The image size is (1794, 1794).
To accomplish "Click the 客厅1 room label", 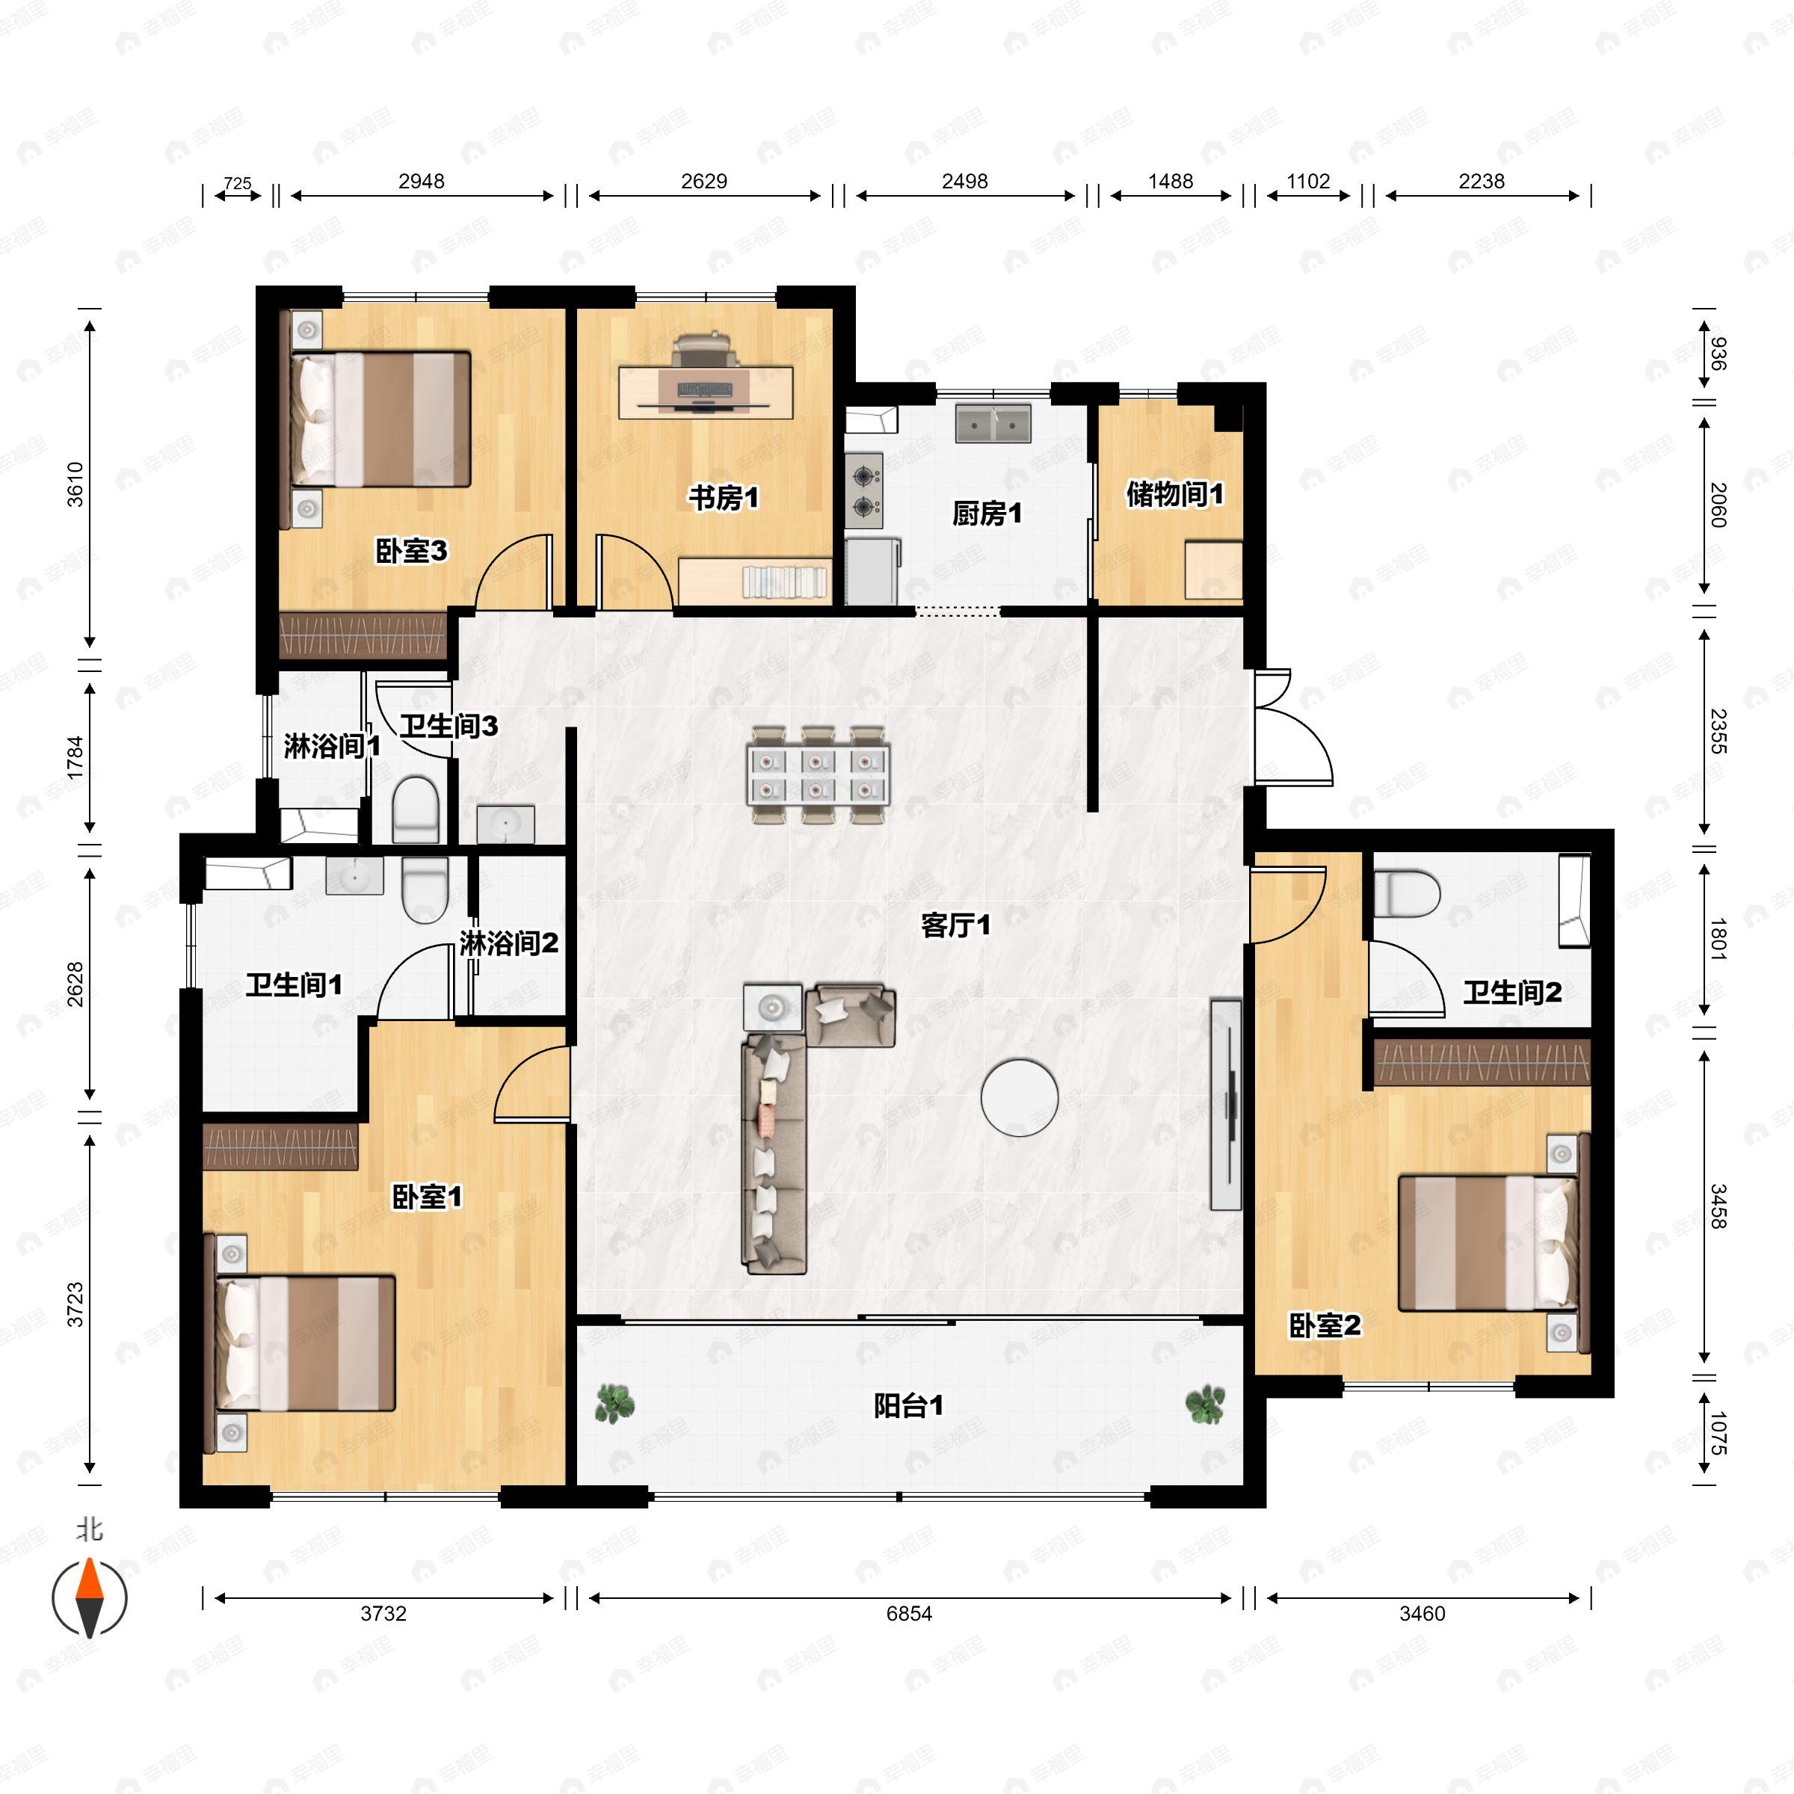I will click(955, 925).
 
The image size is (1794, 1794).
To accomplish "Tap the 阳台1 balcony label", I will click(908, 1406).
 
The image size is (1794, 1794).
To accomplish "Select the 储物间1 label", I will click(1174, 494).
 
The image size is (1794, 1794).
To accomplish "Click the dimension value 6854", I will click(908, 1614).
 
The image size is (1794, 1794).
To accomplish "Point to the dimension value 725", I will click(238, 183).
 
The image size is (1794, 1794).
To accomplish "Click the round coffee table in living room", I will click(1020, 1097).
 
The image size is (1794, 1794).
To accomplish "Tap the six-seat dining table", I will click(817, 775).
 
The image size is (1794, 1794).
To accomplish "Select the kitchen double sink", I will click(993, 423).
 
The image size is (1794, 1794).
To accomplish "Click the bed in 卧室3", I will click(380, 419).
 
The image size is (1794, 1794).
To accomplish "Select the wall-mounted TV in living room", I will click(1227, 1103).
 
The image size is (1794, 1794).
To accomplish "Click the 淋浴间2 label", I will click(509, 944).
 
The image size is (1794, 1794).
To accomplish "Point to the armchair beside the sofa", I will click(851, 1016).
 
